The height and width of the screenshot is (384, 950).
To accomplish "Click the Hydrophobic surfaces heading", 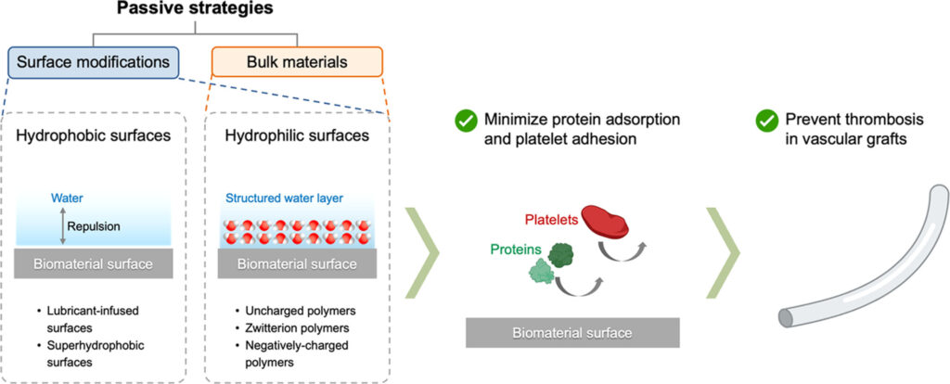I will [93, 135].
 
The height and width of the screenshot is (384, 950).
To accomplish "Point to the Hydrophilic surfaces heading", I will [297, 135].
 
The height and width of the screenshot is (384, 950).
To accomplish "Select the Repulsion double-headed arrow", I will [62, 225].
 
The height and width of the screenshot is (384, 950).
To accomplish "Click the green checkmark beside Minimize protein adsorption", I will [464, 120].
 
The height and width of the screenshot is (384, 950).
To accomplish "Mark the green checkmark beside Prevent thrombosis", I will [766, 120].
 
